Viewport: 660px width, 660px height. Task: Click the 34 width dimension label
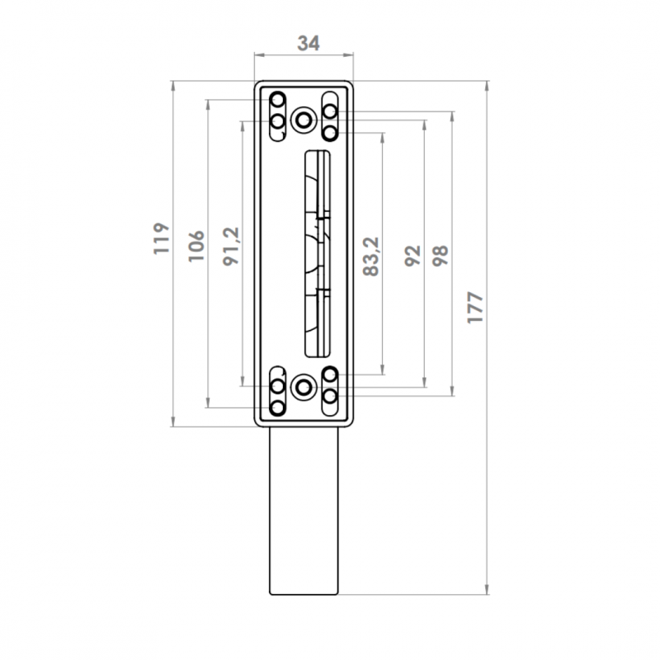[x=309, y=44]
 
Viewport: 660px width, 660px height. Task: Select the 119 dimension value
[x=161, y=238]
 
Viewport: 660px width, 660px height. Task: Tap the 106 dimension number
[x=196, y=246]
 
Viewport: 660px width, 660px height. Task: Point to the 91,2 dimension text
[x=231, y=246]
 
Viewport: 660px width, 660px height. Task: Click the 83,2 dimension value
[x=371, y=257]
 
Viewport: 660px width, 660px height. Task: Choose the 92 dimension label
[x=413, y=256]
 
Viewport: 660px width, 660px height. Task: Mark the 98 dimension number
[x=441, y=256]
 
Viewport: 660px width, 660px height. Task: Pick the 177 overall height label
[x=476, y=307]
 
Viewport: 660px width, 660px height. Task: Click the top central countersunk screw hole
[x=304, y=120]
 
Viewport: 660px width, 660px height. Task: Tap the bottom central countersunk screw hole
[x=304, y=387]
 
